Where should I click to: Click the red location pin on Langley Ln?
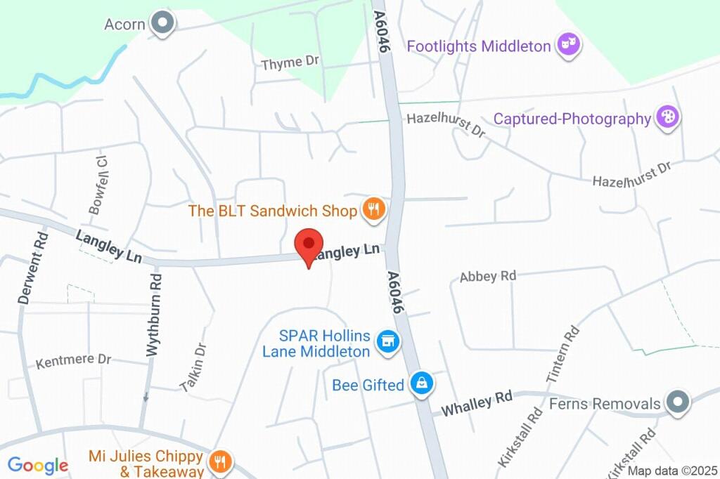(x=308, y=245)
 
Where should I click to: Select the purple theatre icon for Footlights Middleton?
(x=567, y=46)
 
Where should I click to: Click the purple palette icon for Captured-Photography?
(x=667, y=117)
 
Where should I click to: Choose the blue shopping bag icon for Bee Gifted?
(x=422, y=383)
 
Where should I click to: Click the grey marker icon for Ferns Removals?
(x=678, y=402)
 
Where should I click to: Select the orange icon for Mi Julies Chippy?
(x=221, y=461)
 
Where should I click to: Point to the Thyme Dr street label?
(x=290, y=63)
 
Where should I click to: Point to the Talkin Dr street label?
(x=193, y=367)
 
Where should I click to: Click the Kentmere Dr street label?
(x=74, y=360)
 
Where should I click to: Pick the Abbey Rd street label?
(x=488, y=276)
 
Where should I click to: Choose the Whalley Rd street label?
(x=477, y=402)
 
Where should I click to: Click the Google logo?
(x=37, y=465)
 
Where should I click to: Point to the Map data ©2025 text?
(x=672, y=471)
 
